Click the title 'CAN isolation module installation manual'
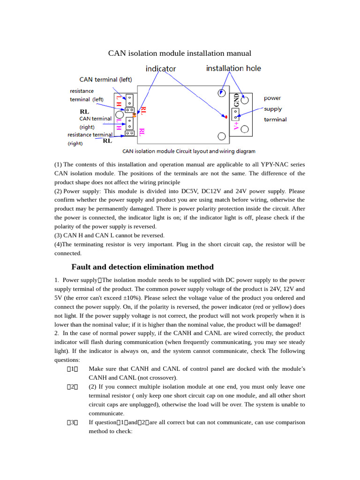tap(180, 53)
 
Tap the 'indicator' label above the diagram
tap(160, 69)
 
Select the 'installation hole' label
tap(233, 68)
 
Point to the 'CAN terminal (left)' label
tap(105, 80)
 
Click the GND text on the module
tap(236, 100)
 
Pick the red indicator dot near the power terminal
tap(226, 116)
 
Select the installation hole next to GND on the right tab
tap(244, 100)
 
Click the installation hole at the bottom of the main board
tap(221, 136)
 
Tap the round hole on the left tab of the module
tap(119, 114)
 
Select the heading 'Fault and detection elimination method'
tap(142, 267)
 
